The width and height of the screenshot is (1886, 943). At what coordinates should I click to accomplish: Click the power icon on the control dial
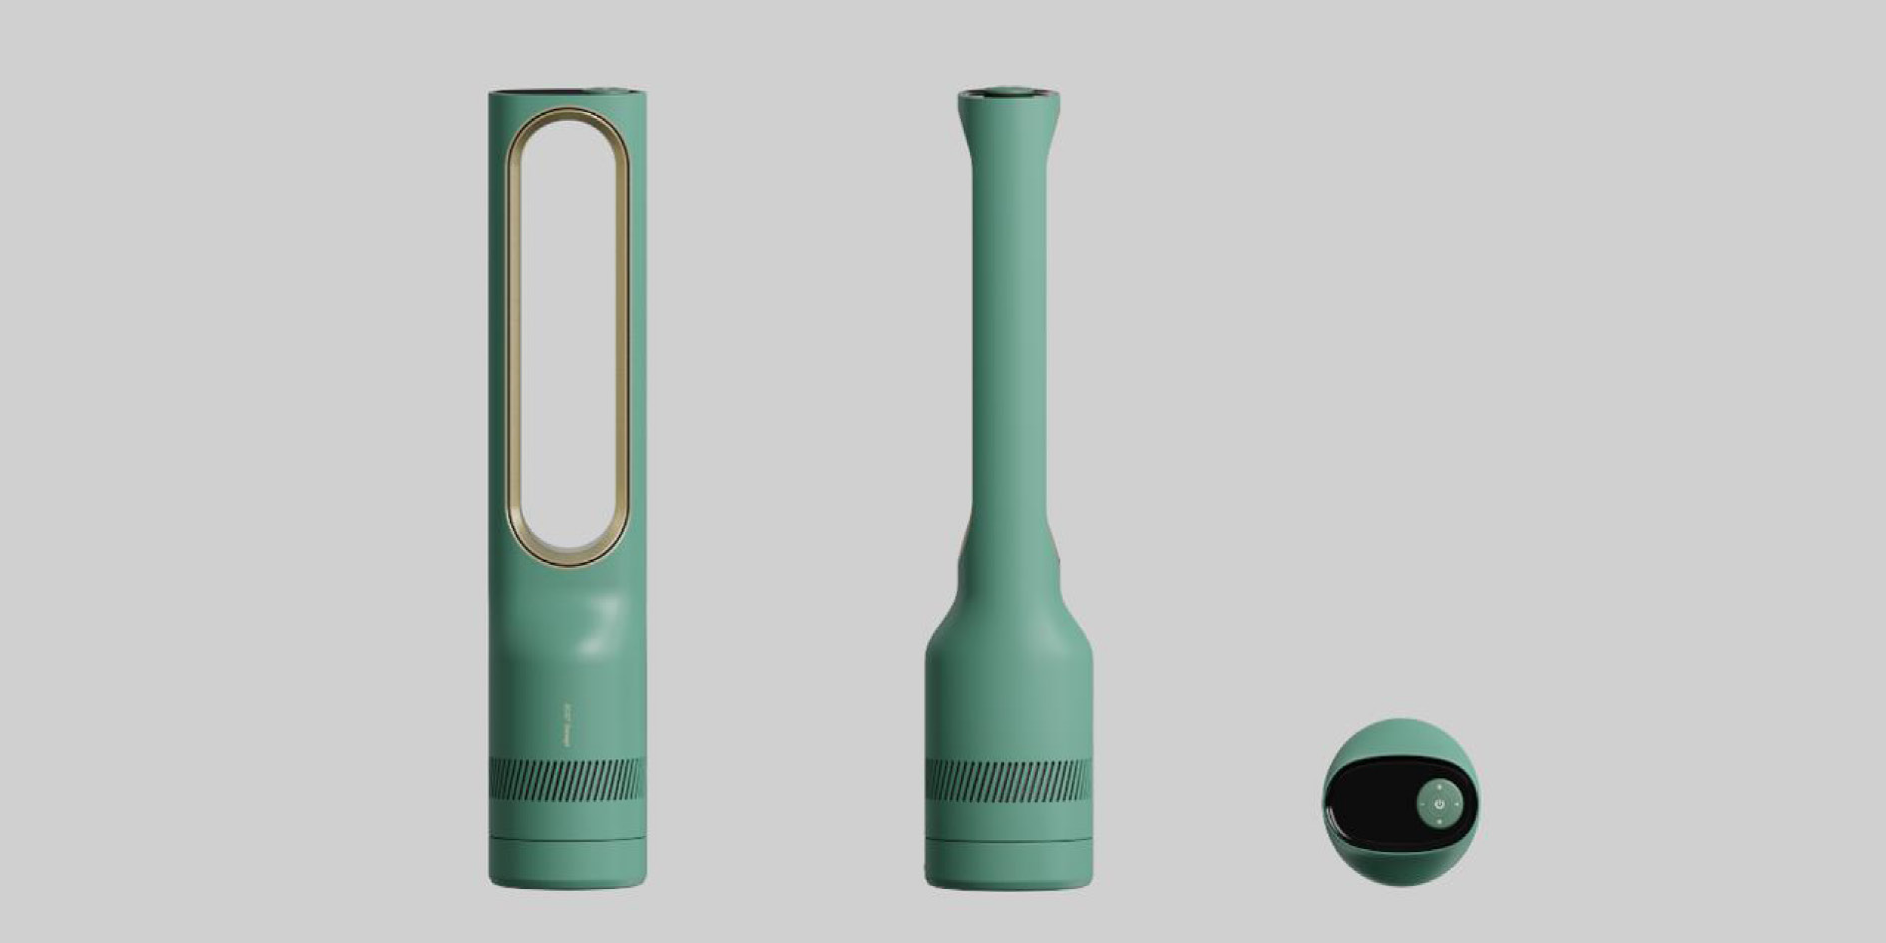pos(1439,803)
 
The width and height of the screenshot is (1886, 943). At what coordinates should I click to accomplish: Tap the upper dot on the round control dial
pos(1439,786)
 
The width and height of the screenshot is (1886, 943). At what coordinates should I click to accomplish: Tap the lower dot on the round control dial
pos(1439,821)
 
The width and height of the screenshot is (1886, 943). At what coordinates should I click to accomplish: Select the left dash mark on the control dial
pos(1422,803)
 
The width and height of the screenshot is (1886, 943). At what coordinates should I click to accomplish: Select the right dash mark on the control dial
pos(1457,803)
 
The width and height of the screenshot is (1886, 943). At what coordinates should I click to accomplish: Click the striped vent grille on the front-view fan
pos(567,779)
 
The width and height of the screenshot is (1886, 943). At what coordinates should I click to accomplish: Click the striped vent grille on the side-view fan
pos(1008,779)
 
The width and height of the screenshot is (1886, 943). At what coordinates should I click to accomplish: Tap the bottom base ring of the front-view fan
pos(567,864)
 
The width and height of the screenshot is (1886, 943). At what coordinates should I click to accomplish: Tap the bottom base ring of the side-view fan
pos(1008,864)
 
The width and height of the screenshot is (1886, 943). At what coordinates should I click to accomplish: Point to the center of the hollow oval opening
pos(567,334)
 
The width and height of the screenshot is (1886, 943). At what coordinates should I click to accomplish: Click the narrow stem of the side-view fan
pos(1008,349)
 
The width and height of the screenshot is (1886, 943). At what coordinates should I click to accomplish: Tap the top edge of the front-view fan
pos(567,93)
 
